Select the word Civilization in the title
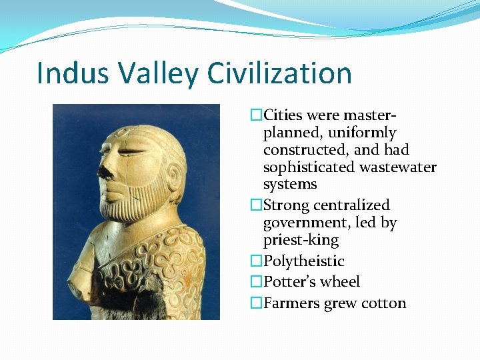(281, 73)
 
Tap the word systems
(290, 184)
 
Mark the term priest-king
(301, 240)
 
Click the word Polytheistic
(304, 261)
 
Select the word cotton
(383, 303)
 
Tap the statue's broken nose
(103, 173)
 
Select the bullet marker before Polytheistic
(256, 261)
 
